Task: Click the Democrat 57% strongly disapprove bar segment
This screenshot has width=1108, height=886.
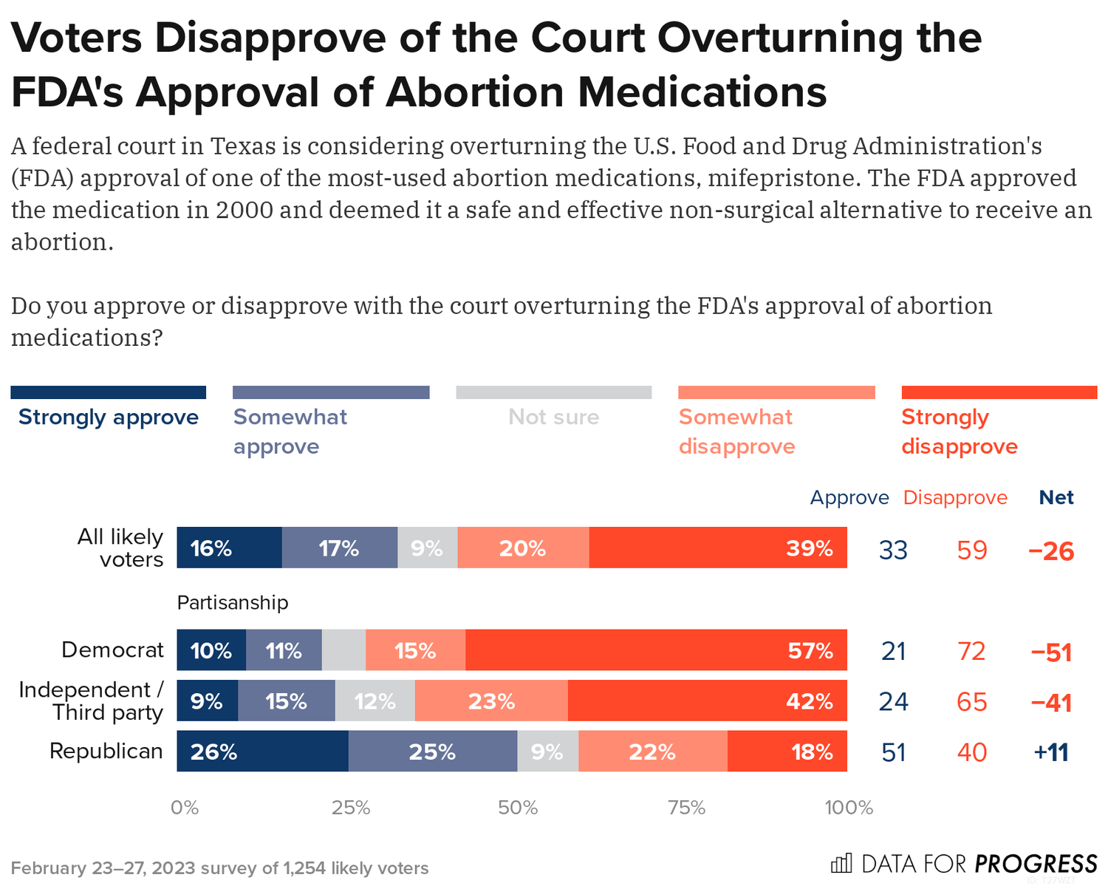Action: (656, 650)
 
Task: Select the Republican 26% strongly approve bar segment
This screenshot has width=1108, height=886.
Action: (262, 752)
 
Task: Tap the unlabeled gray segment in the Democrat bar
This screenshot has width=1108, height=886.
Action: (343, 650)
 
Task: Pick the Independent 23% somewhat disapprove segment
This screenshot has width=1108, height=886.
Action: (491, 701)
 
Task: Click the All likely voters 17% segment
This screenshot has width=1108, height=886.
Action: (339, 548)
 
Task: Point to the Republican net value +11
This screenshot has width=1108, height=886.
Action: (1051, 752)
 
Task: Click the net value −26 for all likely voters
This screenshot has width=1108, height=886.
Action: (1051, 551)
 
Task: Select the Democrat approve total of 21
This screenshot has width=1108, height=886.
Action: (894, 651)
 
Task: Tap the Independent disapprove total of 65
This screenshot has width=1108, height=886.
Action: (971, 701)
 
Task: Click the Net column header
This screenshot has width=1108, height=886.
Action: (1056, 497)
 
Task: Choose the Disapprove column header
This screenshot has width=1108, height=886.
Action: (955, 497)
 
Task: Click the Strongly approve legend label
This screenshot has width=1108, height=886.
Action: (109, 418)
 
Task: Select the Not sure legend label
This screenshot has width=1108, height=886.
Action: (554, 418)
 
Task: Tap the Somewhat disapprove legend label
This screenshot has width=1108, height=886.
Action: (736, 432)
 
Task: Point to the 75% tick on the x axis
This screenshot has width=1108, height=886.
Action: (686, 808)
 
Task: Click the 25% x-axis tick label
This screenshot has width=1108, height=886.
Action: (351, 808)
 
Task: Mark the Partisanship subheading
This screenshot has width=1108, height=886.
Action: (233, 603)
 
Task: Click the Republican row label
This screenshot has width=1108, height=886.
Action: (106, 752)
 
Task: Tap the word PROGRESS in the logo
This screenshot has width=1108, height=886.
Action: (1036, 864)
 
